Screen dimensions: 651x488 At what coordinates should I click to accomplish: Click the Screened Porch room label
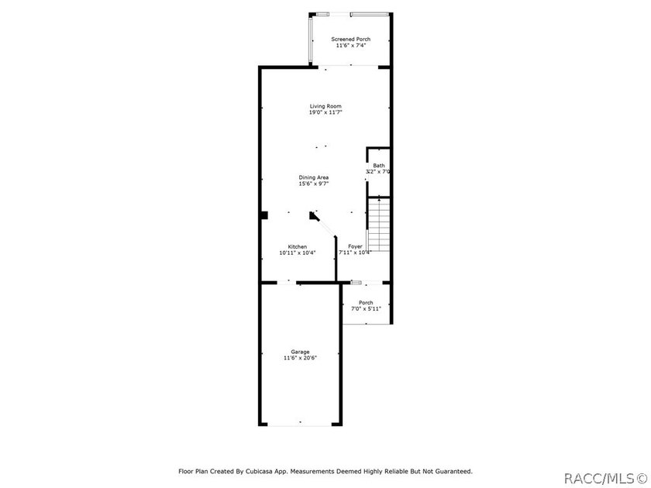[x=351, y=39]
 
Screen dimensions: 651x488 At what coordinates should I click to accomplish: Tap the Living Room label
[x=325, y=106]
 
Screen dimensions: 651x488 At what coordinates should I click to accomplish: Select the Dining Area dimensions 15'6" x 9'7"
[x=314, y=184]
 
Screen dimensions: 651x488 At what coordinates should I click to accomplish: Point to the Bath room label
[x=379, y=165]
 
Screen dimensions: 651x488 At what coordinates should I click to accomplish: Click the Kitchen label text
[x=298, y=246]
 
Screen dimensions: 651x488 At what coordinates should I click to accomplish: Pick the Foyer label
[x=355, y=246]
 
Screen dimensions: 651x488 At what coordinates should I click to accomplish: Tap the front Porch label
[x=366, y=303]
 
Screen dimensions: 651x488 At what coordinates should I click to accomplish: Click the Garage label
[x=300, y=352]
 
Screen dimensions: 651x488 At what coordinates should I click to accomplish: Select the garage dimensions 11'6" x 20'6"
[x=300, y=358]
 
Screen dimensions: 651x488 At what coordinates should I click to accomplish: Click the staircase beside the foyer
[x=379, y=225]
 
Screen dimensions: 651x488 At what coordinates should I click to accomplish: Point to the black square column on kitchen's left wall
[x=263, y=215]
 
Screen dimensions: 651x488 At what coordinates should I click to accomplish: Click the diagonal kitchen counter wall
[x=325, y=225]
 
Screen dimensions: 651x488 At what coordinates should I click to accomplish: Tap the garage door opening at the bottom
[x=300, y=424]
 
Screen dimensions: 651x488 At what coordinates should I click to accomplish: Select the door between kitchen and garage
[x=287, y=283]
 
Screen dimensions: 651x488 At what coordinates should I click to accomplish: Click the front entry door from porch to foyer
[x=367, y=283]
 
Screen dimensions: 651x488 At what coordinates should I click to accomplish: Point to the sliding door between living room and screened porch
[x=348, y=67]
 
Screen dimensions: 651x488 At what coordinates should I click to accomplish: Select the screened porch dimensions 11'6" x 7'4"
[x=351, y=45]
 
